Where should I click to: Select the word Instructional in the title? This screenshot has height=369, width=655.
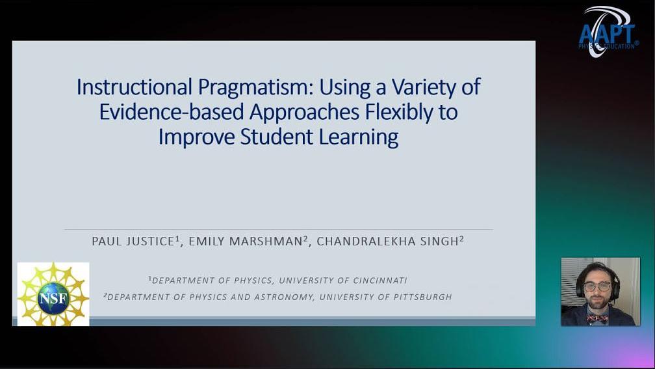134,87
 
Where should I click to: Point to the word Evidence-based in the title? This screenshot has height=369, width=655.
172,111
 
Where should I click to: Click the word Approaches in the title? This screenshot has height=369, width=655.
305,113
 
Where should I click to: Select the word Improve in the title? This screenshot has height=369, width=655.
196,137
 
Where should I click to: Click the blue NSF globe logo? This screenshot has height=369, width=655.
53,297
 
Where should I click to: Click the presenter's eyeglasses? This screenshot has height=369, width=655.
597,286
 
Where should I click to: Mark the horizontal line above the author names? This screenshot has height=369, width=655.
279,229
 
